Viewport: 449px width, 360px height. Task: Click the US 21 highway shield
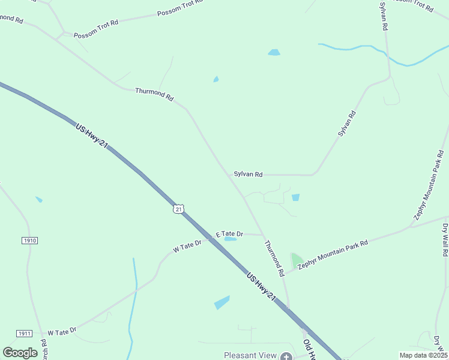(178, 208)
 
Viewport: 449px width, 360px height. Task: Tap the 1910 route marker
(29, 240)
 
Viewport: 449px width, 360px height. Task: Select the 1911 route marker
(25, 333)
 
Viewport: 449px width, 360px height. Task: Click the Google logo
(20, 353)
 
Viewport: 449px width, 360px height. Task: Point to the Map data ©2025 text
(423, 355)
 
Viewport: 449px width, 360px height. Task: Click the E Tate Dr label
(229, 233)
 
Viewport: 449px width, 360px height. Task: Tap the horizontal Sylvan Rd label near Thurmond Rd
(249, 175)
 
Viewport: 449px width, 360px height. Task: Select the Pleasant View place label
(250, 355)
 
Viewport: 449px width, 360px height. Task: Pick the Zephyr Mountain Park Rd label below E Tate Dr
(332, 253)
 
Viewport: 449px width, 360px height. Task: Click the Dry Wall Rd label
(445, 240)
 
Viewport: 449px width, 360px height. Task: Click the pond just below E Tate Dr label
(230, 239)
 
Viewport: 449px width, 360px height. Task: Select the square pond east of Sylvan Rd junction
(295, 197)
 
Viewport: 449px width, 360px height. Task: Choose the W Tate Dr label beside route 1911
(62, 331)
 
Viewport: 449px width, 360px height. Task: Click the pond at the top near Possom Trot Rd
(274, 52)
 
